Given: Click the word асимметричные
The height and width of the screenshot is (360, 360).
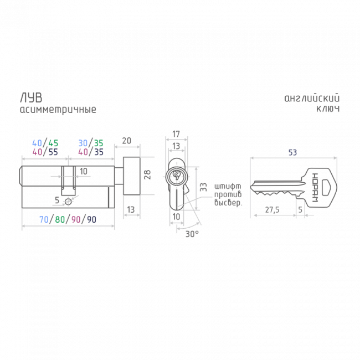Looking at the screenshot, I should (58, 110).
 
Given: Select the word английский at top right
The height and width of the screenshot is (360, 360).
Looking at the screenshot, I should (311, 99).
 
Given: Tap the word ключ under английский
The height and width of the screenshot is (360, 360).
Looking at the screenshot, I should (327, 110).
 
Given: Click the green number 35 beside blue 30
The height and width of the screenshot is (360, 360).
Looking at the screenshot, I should (98, 142).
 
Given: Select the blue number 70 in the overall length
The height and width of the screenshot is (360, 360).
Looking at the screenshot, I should (44, 219).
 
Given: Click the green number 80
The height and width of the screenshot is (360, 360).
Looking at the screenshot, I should (59, 219).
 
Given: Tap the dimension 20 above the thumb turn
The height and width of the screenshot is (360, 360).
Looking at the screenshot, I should (126, 141).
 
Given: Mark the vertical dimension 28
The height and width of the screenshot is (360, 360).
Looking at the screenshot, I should (147, 175).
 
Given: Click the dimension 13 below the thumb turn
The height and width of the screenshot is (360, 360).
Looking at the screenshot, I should (131, 209).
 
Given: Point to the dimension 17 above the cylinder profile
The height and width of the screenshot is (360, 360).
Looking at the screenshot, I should (175, 133).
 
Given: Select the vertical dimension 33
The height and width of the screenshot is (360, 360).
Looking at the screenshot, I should (203, 187).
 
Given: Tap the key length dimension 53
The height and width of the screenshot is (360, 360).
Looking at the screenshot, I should (292, 151).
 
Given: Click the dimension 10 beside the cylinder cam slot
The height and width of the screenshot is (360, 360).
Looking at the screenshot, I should (83, 171).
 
